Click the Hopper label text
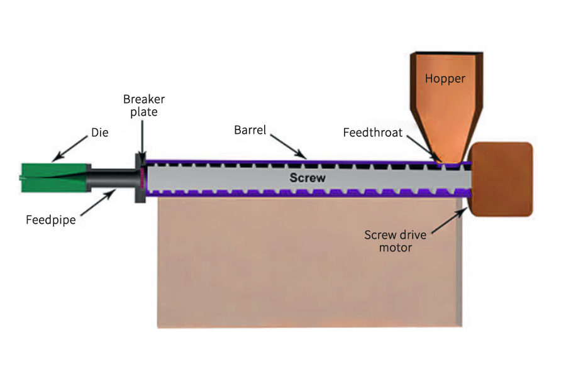pos(445,79)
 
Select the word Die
pos(100,133)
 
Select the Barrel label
pos(250,130)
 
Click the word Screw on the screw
pos(308,178)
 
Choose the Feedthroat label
pos(373,133)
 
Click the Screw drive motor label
pos(396,241)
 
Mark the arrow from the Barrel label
pos(289,144)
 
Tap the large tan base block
pos(308,264)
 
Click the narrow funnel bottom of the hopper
pos(447,151)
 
